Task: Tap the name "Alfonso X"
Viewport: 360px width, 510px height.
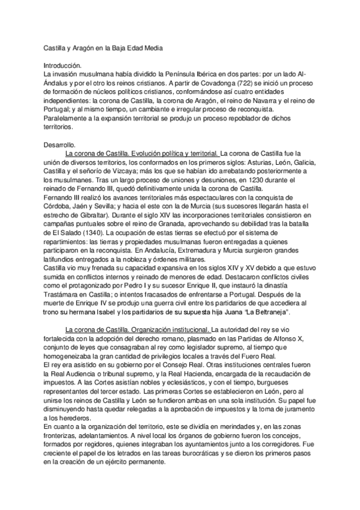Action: [297, 339]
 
